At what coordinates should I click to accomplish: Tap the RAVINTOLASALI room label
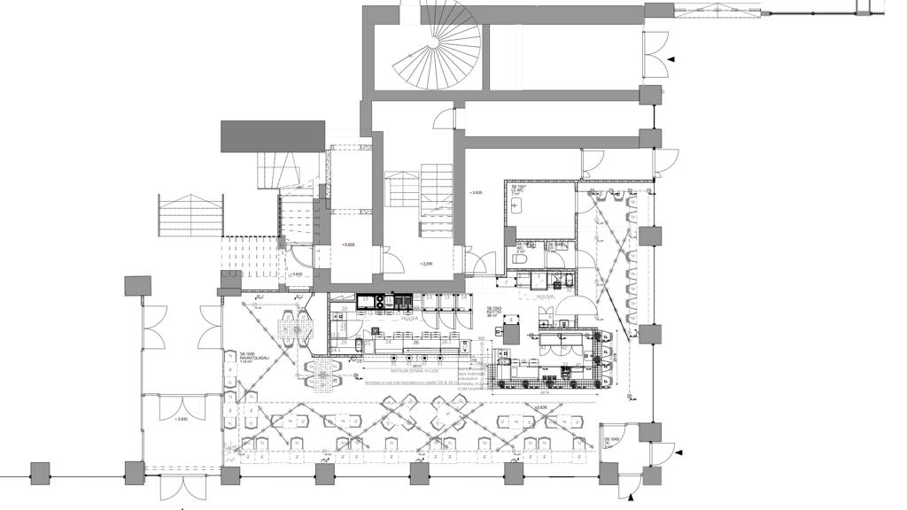coord(239,357)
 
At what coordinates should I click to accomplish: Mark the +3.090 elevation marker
coord(427,264)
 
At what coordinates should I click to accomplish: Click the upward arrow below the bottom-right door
coord(631,498)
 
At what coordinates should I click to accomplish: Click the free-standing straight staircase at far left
coord(187,214)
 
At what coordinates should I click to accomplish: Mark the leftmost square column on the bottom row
coord(38,473)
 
